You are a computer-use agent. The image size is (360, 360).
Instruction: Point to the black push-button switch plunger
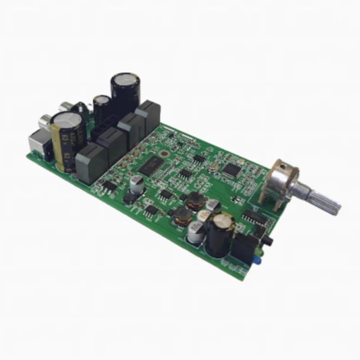(269, 241)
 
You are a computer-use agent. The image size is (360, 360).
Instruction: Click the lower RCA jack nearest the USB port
(45, 121)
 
